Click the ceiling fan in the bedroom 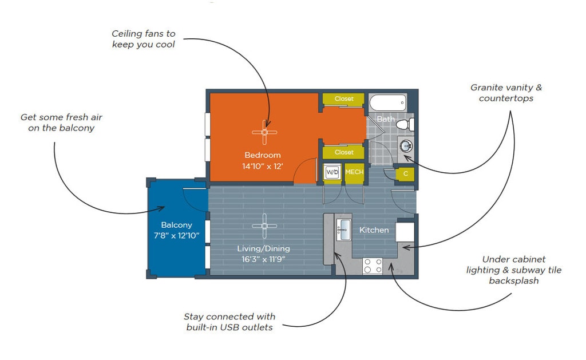point(264,132)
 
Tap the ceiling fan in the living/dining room point(264,226)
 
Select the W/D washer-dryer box point(332,172)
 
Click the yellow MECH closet point(354,172)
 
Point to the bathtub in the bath point(387,104)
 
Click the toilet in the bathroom point(405,124)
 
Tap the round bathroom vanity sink point(406,145)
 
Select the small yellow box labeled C point(405,173)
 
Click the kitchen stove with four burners point(373,266)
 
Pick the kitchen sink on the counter point(343,228)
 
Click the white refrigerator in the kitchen point(405,232)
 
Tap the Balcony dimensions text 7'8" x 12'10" point(176,236)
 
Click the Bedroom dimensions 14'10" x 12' point(263,167)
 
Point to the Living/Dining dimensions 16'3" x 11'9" point(264,259)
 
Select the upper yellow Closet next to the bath point(344,99)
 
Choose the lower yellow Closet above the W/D point(344,152)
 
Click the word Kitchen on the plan point(374,230)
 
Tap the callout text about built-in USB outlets point(229,322)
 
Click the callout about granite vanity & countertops point(506,93)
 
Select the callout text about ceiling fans point(143,39)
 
